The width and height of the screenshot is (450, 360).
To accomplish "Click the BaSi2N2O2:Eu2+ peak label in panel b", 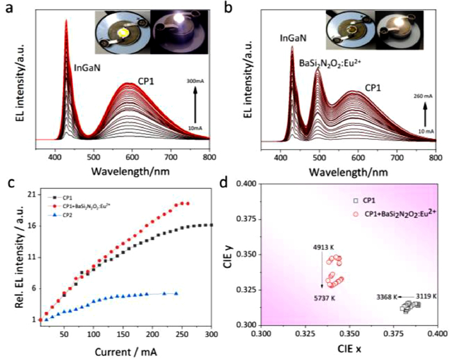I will point(332,62).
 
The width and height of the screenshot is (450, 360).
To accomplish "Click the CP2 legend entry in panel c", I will point(67,216).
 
